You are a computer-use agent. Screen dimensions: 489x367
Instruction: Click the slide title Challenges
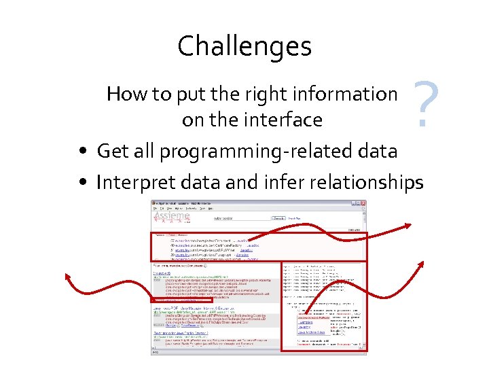(x=244, y=47)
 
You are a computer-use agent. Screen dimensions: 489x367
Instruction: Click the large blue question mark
(x=424, y=105)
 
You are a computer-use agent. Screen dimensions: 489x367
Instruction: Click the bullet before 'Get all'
(x=81, y=151)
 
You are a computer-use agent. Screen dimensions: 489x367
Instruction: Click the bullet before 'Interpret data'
(x=81, y=182)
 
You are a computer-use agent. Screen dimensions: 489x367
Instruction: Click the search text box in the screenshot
(x=241, y=218)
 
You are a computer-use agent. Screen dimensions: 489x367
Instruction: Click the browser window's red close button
(x=363, y=203)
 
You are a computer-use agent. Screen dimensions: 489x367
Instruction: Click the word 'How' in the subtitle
(x=122, y=94)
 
